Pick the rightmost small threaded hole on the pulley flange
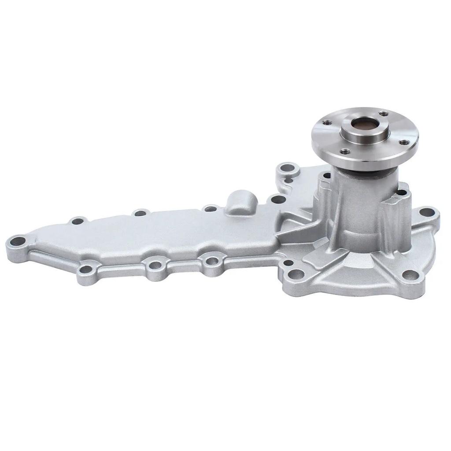(402, 142)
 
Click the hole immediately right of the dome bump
(276, 200)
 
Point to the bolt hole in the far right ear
(425, 213)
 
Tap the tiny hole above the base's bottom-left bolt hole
(288, 263)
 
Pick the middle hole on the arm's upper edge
(140, 213)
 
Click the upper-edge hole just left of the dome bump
(211, 208)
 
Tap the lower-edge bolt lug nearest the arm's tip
(87, 268)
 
